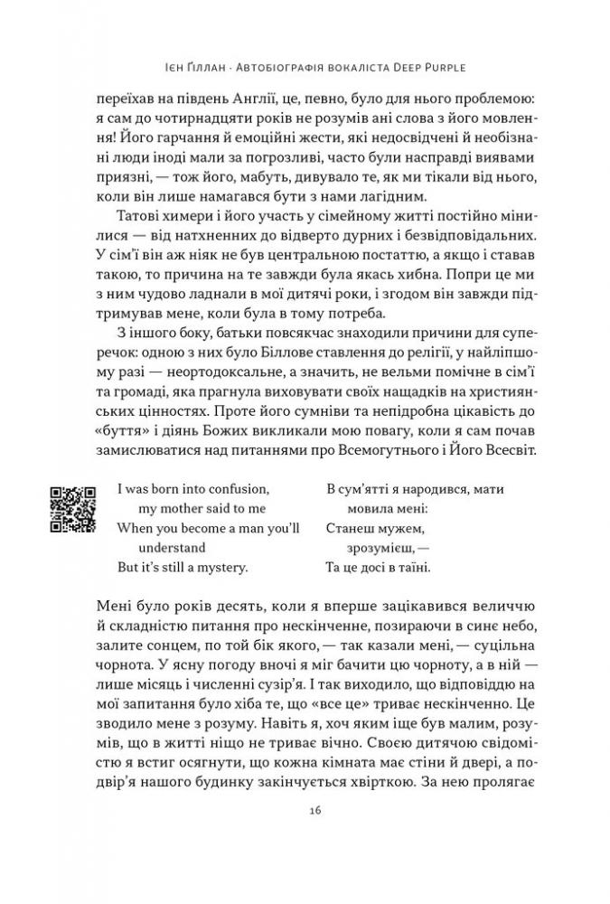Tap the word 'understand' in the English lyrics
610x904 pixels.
pos(173,549)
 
